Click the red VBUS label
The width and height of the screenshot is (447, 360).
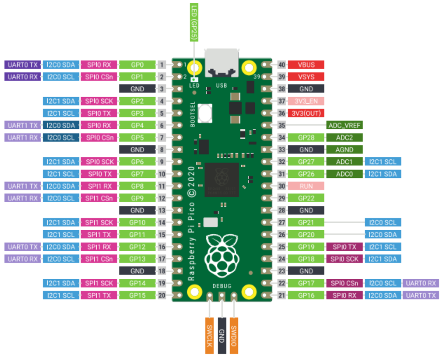[306, 65]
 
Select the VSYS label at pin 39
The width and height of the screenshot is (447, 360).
[306, 77]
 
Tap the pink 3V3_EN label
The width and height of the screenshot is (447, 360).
[306, 101]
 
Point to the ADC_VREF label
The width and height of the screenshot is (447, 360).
[344, 125]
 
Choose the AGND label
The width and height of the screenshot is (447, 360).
[344, 149]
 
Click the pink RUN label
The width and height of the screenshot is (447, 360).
[306, 186]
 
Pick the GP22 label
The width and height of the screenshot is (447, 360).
[306, 198]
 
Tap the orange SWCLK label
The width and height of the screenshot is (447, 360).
[210, 336]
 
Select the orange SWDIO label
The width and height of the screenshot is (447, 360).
[234, 336]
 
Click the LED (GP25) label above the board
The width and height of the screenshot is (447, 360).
[194, 22]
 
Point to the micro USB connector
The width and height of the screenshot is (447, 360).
[222, 63]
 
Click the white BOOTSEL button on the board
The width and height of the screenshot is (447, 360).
[205, 113]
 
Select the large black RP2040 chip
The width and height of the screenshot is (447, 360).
[222, 180]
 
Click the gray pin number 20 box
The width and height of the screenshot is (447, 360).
[162, 295]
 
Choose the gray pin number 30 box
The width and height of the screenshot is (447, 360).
[282, 186]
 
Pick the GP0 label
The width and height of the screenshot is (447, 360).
[137, 65]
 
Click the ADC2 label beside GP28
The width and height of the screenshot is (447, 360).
[344, 137]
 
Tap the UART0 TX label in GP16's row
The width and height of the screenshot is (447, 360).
[421, 295]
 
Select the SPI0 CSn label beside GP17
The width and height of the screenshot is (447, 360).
[344, 283]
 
